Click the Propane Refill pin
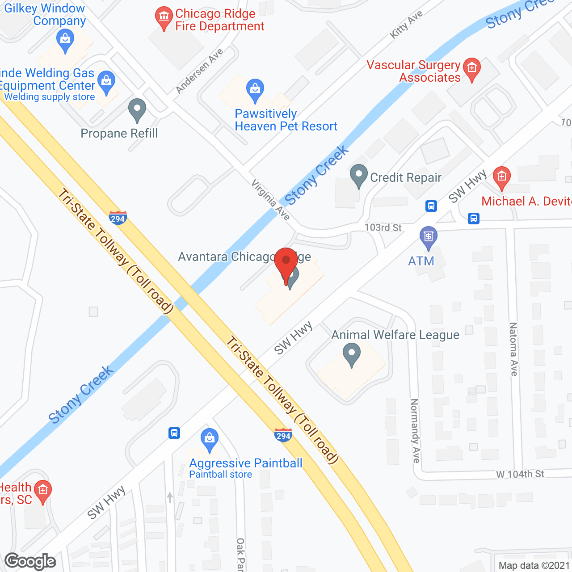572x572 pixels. coord(137,109)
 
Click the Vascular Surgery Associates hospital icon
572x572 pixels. coord(471,69)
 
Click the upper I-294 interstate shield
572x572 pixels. coord(118,218)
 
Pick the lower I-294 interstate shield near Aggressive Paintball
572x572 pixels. coord(283,435)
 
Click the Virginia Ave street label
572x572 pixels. coord(271,199)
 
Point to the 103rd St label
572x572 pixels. coord(383,227)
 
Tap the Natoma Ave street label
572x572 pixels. coord(513,349)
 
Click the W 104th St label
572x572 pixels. coord(520,474)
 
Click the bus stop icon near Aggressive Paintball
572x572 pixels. coord(174,433)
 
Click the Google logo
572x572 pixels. coord(30,561)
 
